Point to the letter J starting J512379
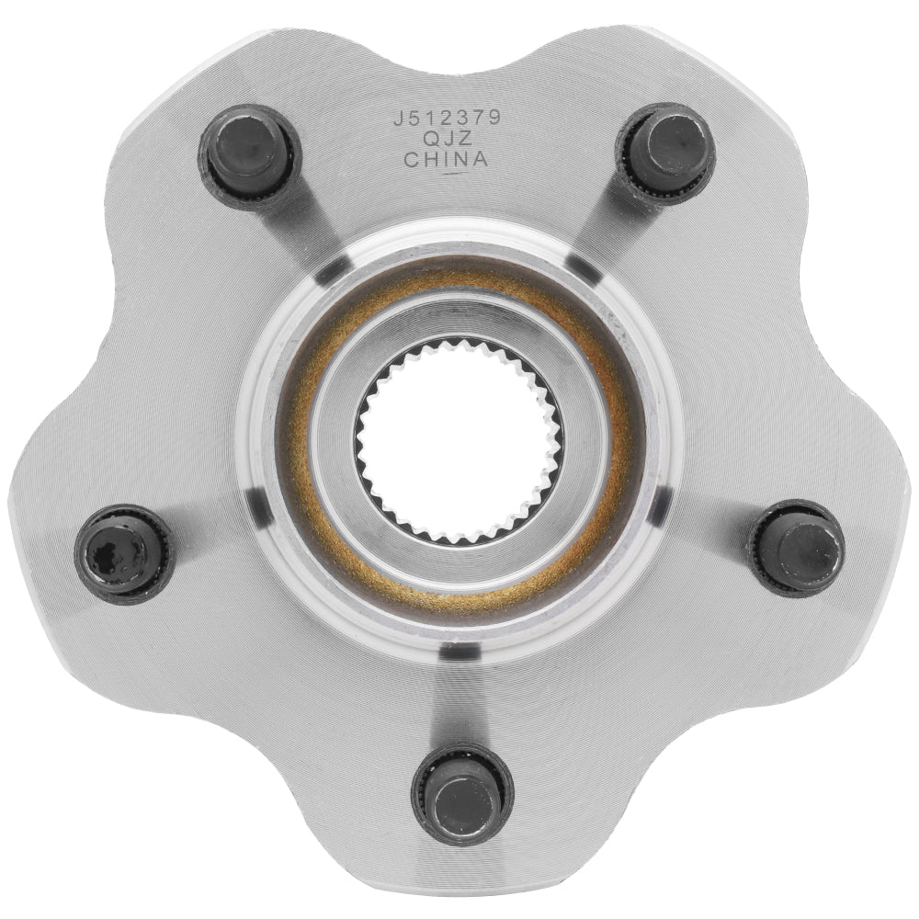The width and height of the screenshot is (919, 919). tap(397, 119)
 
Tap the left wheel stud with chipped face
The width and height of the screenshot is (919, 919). tap(124, 554)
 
